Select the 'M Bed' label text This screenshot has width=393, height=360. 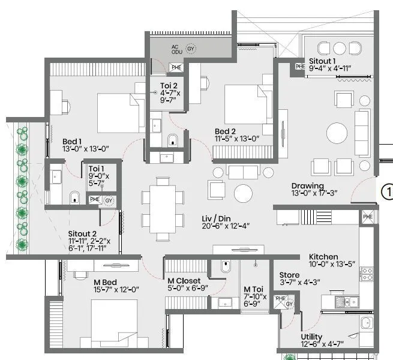click(105, 281)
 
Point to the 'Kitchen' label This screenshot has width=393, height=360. click(323, 256)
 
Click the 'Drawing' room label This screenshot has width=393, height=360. click(308, 185)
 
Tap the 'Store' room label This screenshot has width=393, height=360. click(291, 275)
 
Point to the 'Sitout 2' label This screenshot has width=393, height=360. click(83, 233)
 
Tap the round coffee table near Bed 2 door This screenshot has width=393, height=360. click(244, 193)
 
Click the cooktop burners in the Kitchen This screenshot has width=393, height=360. click(366, 275)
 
